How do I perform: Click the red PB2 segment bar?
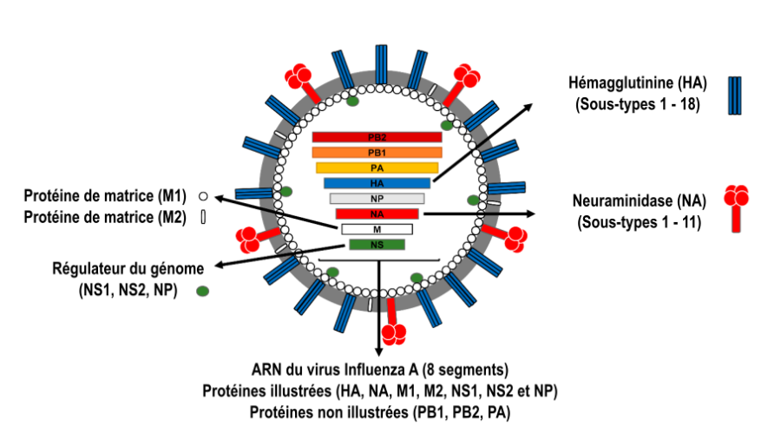click(377, 137)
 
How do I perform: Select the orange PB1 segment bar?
click(377, 153)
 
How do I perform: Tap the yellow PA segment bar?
click(377, 167)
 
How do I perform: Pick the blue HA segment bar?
click(377, 183)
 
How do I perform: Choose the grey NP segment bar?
click(377, 198)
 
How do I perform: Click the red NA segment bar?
click(377, 213)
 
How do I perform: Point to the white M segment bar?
click(377, 229)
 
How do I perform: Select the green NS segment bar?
click(377, 244)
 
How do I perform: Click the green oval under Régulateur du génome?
click(203, 291)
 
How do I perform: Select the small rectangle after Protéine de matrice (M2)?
click(202, 217)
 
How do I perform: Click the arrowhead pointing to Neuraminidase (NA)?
click(531, 212)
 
